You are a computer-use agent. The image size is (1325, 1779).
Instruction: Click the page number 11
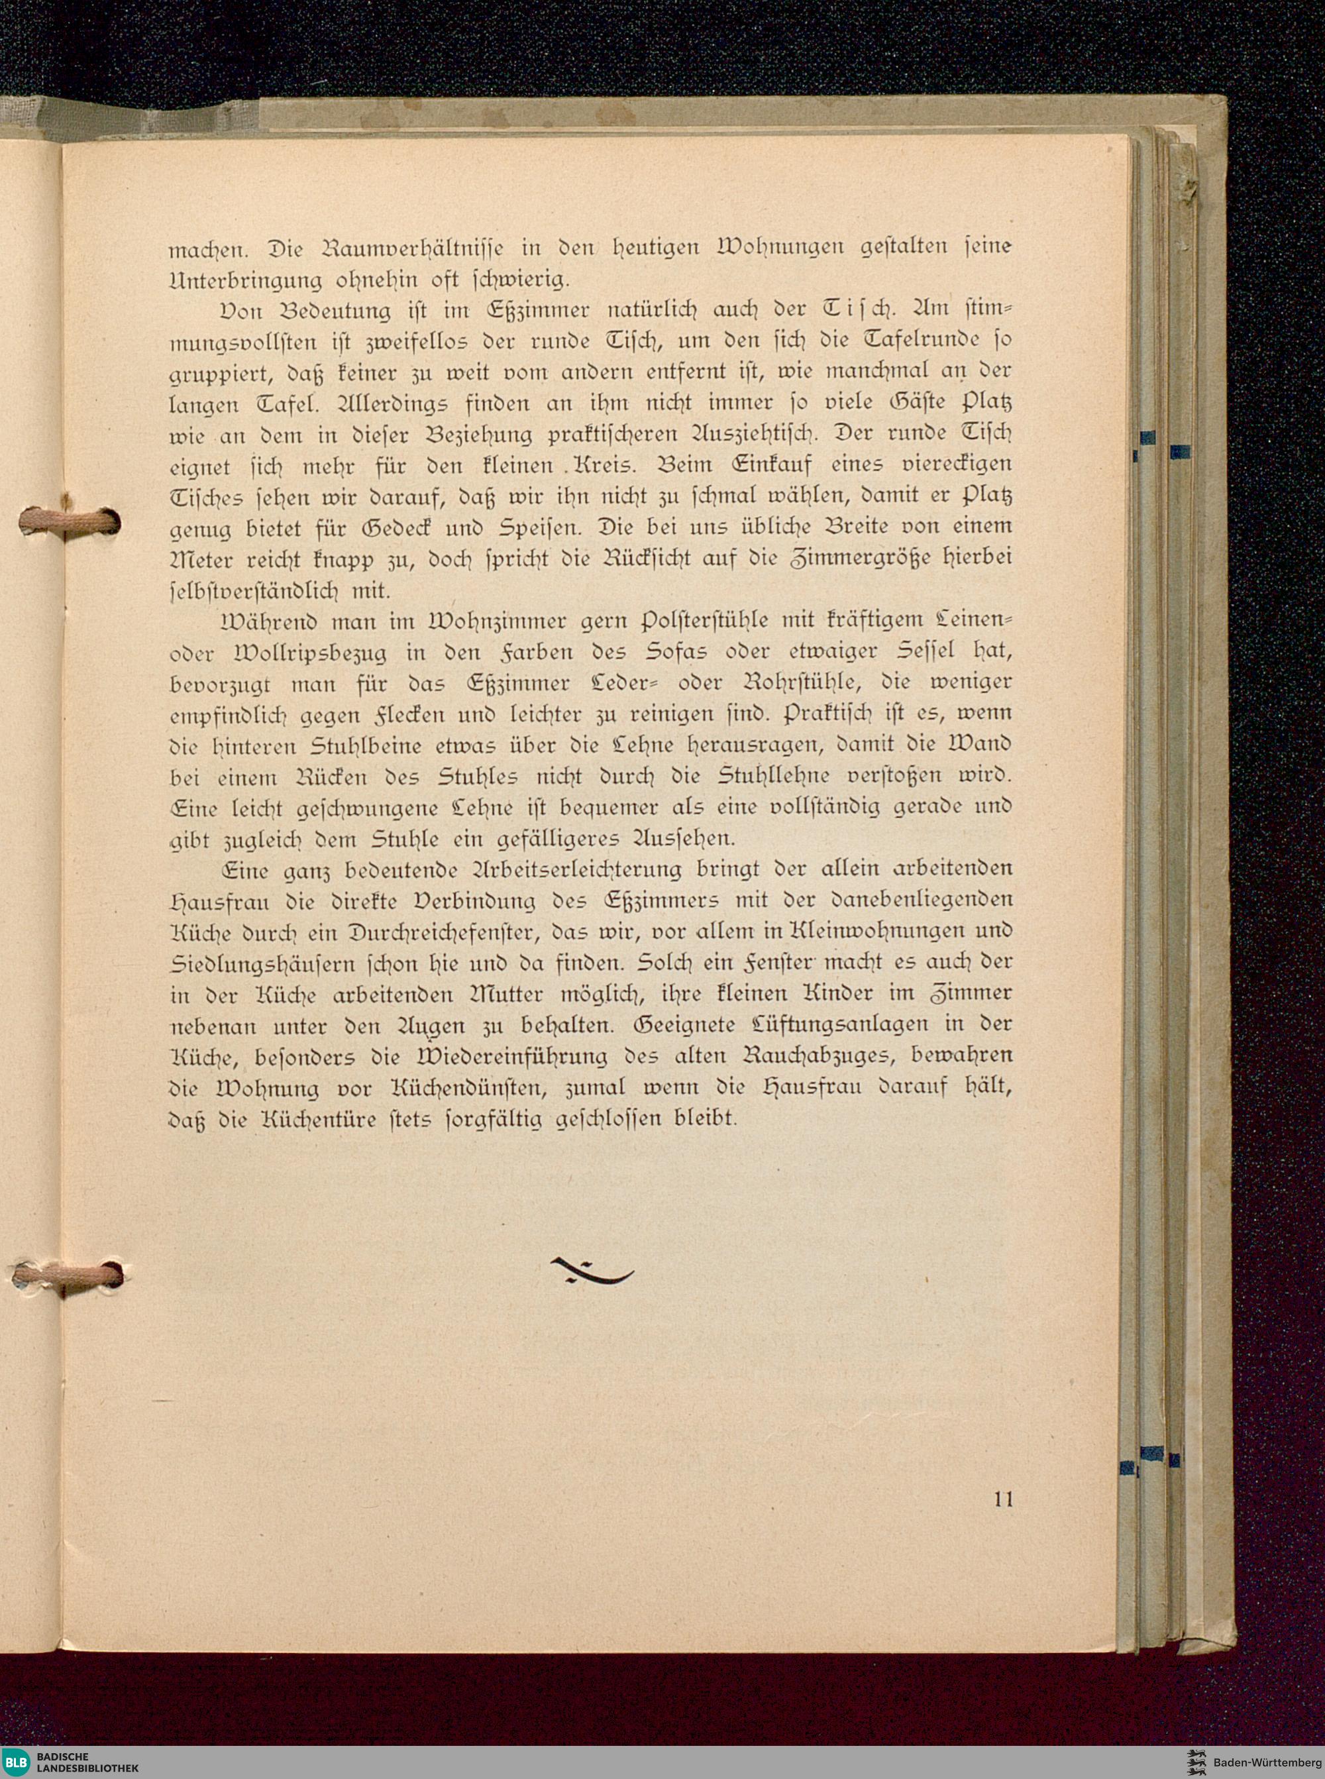tap(1002, 1499)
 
